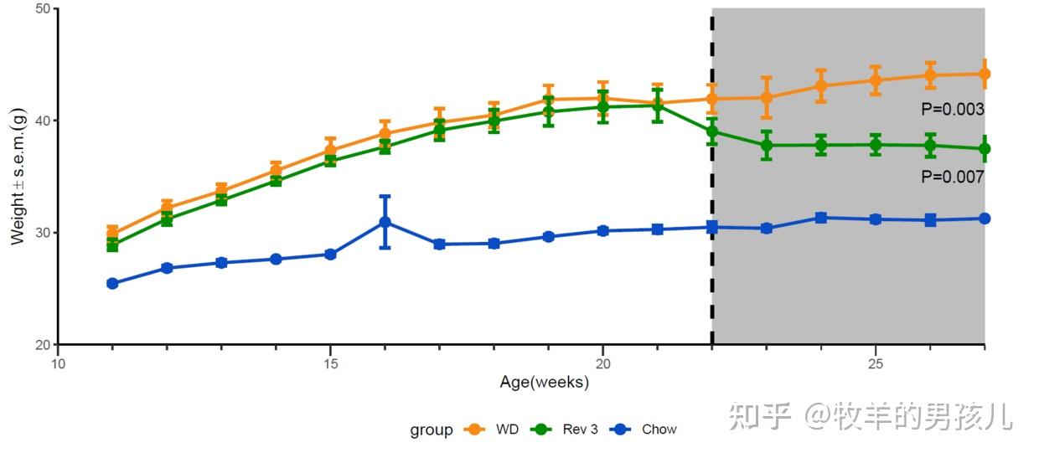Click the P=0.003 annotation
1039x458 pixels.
pyautogui.click(x=952, y=109)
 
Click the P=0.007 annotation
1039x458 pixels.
pyautogui.click(x=952, y=177)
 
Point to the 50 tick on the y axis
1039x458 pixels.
pyautogui.click(x=43, y=8)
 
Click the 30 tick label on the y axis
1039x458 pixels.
pyautogui.click(x=43, y=232)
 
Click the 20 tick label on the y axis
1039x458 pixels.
pyautogui.click(x=43, y=344)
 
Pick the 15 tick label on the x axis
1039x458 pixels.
pyautogui.click(x=331, y=364)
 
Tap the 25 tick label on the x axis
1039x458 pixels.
pyautogui.click(x=876, y=364)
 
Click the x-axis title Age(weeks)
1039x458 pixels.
pyautogui.click(x=544, y=383)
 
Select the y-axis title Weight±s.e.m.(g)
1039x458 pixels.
pyautogui.click(x=18, y=177)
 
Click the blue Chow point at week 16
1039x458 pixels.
pyautogui.click(x=385, y=222)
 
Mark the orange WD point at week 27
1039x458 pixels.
pyautogui.click(x=985, y=74)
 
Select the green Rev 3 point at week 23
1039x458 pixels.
pyautogui.click(x=766, y=145)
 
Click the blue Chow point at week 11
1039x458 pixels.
pyautogui.click(x=112, y=283)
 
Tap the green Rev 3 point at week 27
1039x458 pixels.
pyautogui.click(x=985, y=148)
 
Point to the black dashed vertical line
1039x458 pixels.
pyautogui.click(x=712, y=251)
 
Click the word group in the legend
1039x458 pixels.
pyautogui.click(x=431, y=430)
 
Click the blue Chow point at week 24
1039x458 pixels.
pyautogui.click(x=821, y=218)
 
